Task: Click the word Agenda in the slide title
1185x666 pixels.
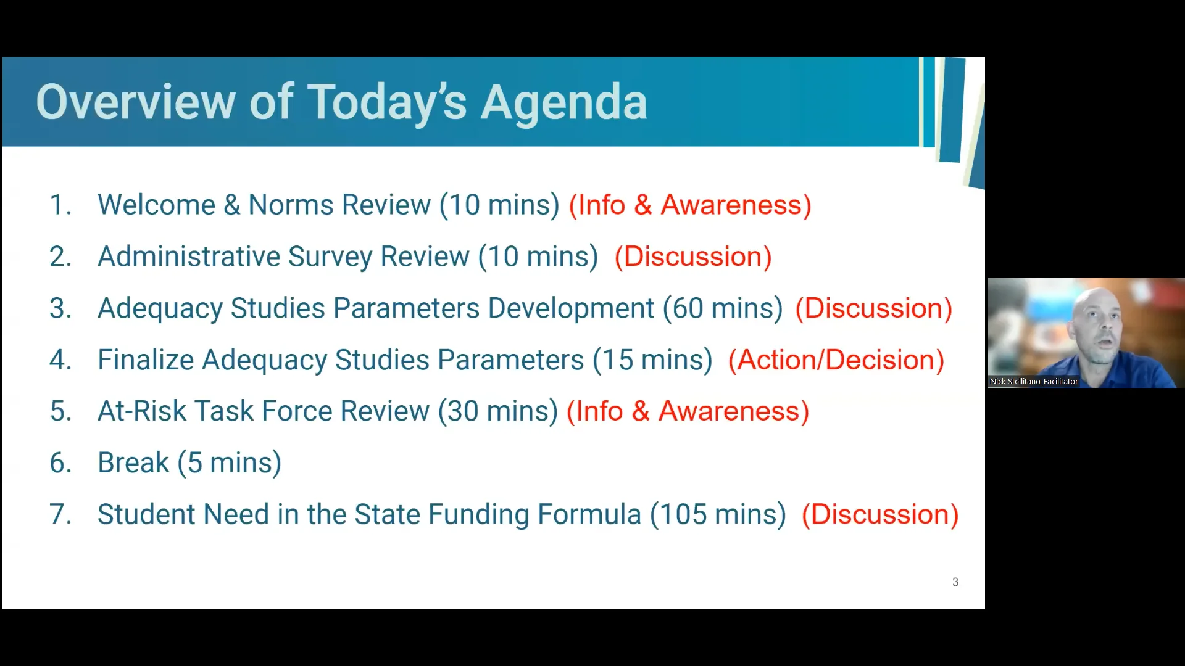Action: (563, 102)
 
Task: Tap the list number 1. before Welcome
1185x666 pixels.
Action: (60, 205)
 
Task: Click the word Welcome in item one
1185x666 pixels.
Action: (156, 205)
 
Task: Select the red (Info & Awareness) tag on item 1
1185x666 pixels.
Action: (689, 205)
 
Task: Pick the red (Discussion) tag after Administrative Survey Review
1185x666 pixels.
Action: (692, 257)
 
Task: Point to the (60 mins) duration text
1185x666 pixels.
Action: (723, 308)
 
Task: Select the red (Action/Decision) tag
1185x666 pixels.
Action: (836, 360)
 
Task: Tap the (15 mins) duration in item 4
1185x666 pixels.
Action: (652, 360)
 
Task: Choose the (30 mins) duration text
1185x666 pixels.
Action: (497, 411)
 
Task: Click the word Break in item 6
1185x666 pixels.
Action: (133, 463)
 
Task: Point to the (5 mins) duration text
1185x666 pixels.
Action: (229, 463)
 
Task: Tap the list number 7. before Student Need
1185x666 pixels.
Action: (60, 515)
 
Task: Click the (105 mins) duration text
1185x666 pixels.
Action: (718, 515)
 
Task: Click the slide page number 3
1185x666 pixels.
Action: (955, 582)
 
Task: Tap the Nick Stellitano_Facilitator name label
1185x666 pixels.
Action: (1034, 382)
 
